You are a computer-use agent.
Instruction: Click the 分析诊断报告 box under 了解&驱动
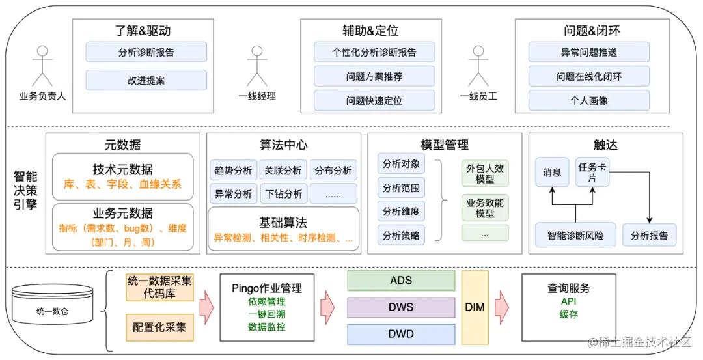coord(146,52)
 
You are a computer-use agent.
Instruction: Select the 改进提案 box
coord(146,81)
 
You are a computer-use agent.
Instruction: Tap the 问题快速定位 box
coord(374,100)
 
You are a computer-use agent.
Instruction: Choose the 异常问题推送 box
coord(588,52)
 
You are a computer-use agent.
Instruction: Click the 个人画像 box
coord(588,100)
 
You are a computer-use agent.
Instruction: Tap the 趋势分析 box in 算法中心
coord(233,171)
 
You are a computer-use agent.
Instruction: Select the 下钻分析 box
coord(284,193)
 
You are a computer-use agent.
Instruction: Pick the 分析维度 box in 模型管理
coord(401,212)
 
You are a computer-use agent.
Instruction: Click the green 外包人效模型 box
coord(485,174)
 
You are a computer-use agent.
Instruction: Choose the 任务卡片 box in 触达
coord(592,172)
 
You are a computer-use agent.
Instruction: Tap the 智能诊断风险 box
coord(575,236)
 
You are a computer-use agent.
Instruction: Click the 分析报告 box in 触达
coord(649,236)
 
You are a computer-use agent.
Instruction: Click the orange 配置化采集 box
coord(159,327)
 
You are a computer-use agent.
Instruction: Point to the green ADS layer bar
coord(401,281)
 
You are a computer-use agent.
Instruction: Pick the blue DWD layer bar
coord(401,334)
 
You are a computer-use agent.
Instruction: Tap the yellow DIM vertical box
coord(475,307)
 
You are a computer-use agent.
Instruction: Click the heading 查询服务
coord(569,288)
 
